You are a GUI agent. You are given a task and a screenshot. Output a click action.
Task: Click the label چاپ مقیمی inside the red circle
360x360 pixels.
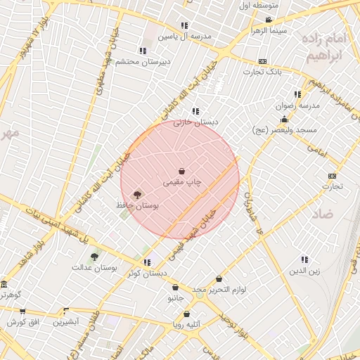coord(182,182)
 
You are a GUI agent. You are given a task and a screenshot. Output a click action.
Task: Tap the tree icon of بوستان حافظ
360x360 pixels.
coord(137,195)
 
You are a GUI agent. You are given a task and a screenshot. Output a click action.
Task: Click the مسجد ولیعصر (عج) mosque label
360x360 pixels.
coord(285,130)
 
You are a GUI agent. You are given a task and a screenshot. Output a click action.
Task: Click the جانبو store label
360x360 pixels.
coord(175,297)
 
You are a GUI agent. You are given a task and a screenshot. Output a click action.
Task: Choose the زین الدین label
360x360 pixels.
coord(305,270)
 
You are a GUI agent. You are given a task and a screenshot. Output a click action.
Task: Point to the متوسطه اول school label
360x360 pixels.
coord(259,6)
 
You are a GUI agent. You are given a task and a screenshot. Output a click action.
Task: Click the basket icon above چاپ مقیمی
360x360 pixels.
coord(182,171)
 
